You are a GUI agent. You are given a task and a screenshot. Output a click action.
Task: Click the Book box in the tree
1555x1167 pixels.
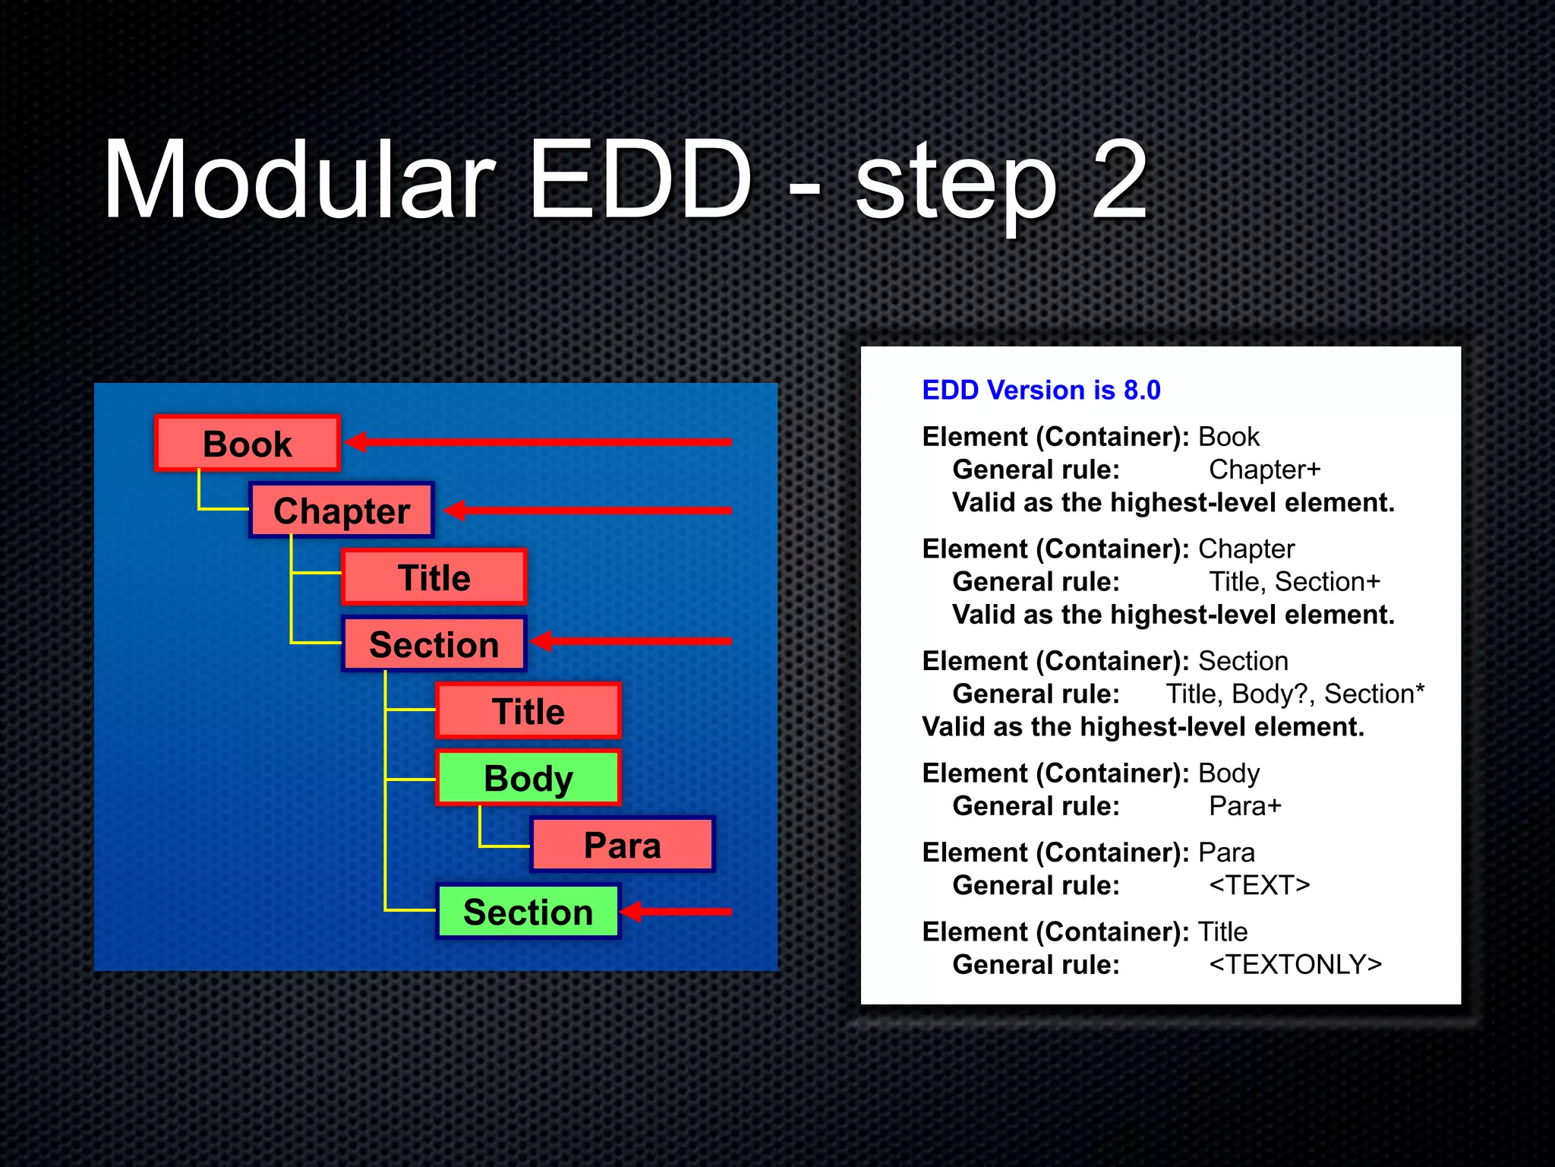click(247, 444)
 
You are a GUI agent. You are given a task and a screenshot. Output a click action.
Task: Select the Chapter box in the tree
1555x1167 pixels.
click(342, 511)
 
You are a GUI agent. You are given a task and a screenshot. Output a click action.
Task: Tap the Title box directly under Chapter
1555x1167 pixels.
click(434, 577)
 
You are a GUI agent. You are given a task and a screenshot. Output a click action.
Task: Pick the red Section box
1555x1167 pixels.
click(434, 644)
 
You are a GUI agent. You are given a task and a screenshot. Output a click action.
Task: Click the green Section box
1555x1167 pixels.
click(528, 912)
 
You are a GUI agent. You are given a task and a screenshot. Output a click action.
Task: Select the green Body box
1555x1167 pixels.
click(528, 778)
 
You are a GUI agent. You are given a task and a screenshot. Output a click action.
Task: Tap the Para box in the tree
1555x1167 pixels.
click(622, 845)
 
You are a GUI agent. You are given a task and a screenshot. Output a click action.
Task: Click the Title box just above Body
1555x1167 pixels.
click(528, 711)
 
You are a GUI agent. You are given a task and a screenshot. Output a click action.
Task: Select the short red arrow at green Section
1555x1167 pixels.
click(676, 911)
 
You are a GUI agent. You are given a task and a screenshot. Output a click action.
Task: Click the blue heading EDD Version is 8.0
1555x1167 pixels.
click(1041, 390)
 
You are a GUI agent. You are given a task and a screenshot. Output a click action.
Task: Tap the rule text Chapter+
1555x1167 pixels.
click(1264, 470)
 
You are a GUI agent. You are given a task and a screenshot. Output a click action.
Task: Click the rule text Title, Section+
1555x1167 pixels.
click(1294, 581)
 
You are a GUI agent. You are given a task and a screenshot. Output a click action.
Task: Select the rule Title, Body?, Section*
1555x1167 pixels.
click(1295, 694)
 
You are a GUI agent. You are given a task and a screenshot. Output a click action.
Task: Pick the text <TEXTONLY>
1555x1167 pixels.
click(1295, 964)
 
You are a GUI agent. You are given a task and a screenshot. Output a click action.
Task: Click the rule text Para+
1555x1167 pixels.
click(1244, 805)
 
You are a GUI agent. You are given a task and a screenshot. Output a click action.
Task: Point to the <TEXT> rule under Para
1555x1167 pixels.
click(1259, 885)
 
